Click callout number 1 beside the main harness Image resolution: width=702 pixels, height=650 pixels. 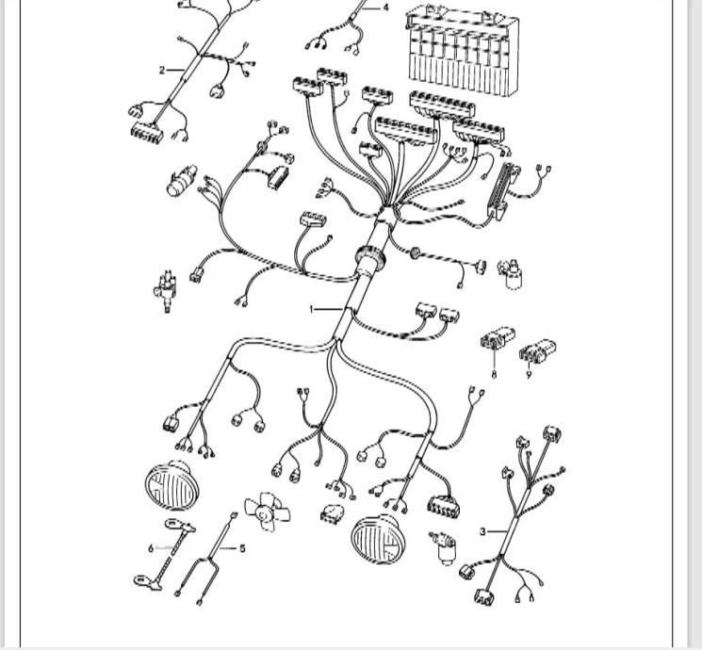[313, 308]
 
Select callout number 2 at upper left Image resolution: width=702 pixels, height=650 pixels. [162, 70]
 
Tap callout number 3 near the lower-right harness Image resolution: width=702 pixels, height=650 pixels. [482, 532]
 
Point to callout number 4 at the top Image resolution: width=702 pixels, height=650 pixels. [385, 8]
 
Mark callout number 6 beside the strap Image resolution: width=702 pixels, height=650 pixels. [151, 547]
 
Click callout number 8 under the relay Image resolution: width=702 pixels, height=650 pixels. [494, 374]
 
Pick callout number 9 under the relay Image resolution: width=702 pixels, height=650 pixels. [529, 374]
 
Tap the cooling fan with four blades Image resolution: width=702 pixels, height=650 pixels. [266, 510]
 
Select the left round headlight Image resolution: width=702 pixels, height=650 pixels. [171, 486]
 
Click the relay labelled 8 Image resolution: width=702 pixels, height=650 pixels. [498, 340]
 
